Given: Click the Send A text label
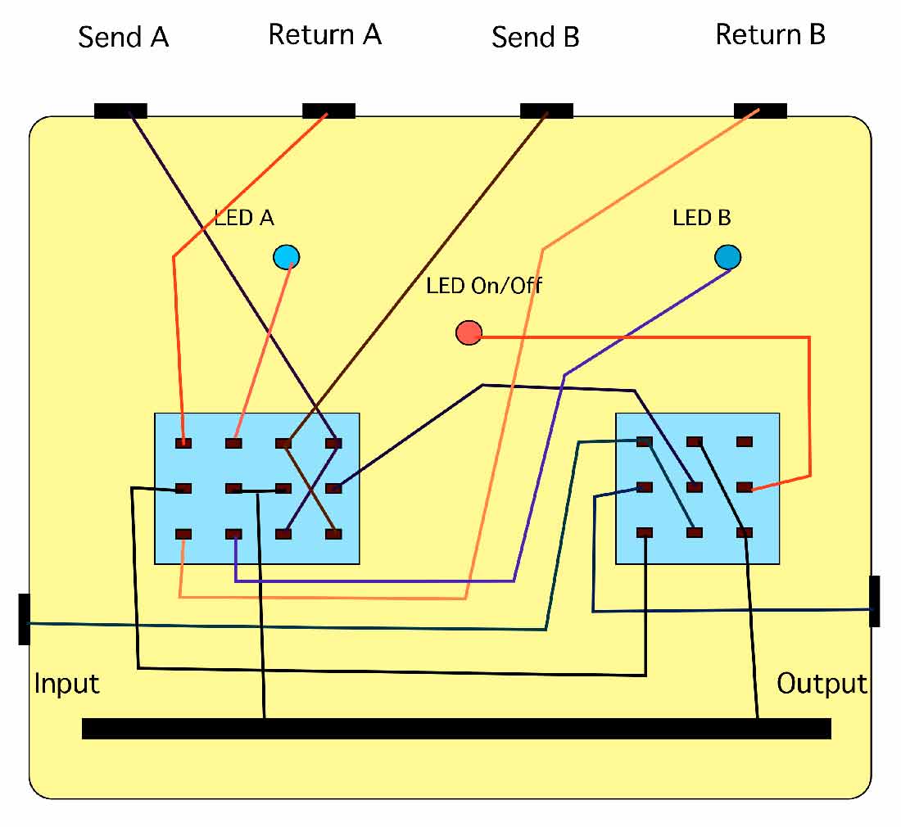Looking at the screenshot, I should pos(124,37).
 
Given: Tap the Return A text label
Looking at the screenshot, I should pos(325,34).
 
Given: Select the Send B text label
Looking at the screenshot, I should pos(536,37).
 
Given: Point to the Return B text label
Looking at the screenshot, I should pos(770,34).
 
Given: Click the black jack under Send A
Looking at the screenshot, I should pos(120,111).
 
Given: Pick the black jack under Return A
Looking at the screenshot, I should pos(328,111).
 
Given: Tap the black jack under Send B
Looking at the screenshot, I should pos(546,111).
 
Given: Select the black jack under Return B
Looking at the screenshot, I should pos(760,111).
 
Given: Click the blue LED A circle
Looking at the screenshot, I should pos(286,257).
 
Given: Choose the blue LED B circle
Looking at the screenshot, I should pos(727,257).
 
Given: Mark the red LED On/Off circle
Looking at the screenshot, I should pos(469,332).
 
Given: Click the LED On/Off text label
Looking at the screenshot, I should pos(483,286).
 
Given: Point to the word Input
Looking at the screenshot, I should pos(66,683).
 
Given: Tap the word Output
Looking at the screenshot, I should pos(822,683).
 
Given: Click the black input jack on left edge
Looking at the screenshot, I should pos(24,619).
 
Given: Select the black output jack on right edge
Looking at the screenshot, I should pos(875,601).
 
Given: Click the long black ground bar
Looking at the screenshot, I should pos(456,728).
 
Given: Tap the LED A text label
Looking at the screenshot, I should pos(244,218).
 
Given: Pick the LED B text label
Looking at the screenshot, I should pos(702,218).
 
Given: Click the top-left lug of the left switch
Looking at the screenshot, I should pos(183,443).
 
